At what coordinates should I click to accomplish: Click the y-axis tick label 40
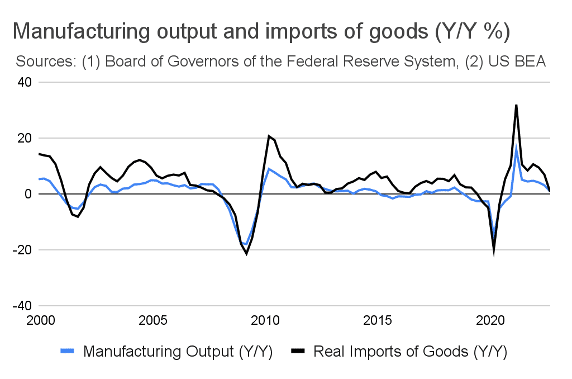pyautogui.click(x=24, y=82)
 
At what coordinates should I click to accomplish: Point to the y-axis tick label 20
pyautogui.click(x=24, y=138)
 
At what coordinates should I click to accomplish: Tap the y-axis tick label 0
pyautogui.click(x=27, y=194)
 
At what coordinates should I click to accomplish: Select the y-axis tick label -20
pyautogui.click(x=22, y=250)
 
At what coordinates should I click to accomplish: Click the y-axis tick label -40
pyautogui.click(x=22, y=306)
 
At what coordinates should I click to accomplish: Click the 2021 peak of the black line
pyautogui.click(x=516, y=105)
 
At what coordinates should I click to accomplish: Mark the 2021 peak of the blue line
pyautogui.click(x=516, y=146)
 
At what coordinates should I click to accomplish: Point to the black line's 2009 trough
pyautogui.click(x=246, y=254)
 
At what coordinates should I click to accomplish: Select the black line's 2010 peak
pyautogui.click(x=269, y=136)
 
